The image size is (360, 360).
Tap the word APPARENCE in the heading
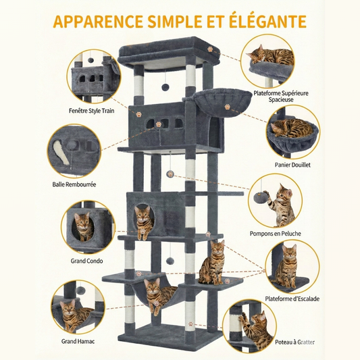(98, 22)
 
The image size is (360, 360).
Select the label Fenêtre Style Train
(92, 111)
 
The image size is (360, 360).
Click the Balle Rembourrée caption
(74, 184)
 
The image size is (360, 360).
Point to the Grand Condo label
(86, 261)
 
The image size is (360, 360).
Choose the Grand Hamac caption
(78, 341)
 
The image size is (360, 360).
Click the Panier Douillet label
(292, 165)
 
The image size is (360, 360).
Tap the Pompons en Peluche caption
(276, 234)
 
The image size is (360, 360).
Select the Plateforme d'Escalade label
(292, 299)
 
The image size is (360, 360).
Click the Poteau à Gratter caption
(294, 342)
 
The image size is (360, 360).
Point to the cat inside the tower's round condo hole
(143, 222)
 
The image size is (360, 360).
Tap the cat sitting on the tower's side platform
(211, 262)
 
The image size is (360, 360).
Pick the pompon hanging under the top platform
(165, 87)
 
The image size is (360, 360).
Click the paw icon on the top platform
(210, 49)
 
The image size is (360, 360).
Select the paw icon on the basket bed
(228, 107)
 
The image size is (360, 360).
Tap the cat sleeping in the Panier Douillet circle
(292, 128)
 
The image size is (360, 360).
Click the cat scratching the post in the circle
(255, 330)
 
